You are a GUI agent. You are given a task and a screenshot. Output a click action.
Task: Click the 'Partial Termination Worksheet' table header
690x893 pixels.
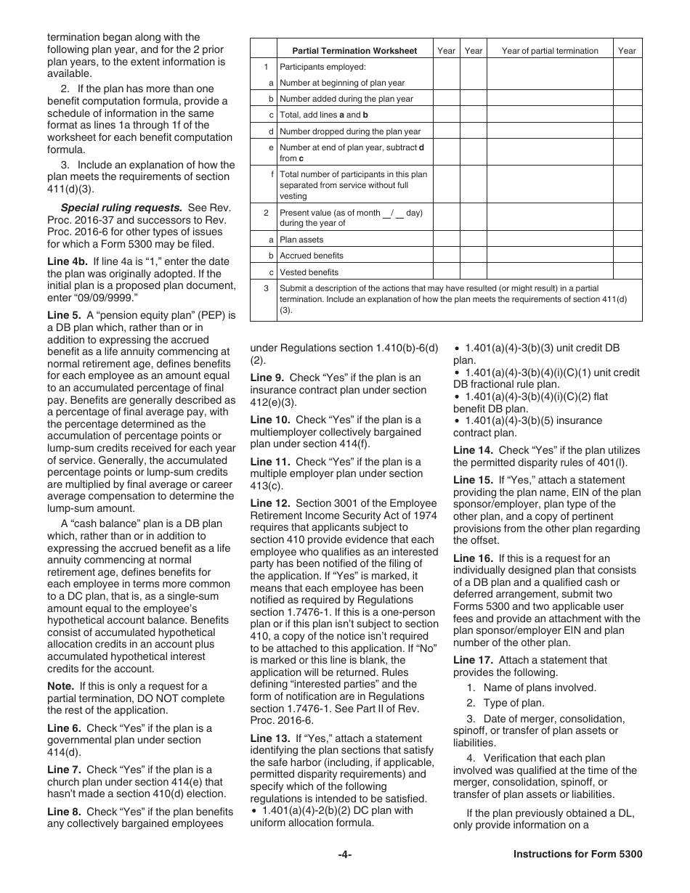coord(354,51)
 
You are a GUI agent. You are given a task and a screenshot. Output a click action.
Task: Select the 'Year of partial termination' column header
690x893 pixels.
coord(550,51)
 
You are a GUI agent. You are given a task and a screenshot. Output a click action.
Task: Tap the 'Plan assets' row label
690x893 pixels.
coord(301,240)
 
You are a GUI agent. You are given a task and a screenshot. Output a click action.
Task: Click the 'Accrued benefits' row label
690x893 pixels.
coord(312,256)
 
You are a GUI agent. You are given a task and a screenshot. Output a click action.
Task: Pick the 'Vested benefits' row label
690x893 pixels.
coord(309,272)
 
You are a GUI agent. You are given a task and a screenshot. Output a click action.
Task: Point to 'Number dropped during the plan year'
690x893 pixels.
coord(350,131)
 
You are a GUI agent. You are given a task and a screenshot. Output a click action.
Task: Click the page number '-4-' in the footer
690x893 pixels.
coord(345,855)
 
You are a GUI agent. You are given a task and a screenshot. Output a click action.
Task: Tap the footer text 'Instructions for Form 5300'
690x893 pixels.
coord(577,855)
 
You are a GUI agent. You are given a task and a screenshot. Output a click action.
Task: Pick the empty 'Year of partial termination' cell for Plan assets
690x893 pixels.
coord(550,240)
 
